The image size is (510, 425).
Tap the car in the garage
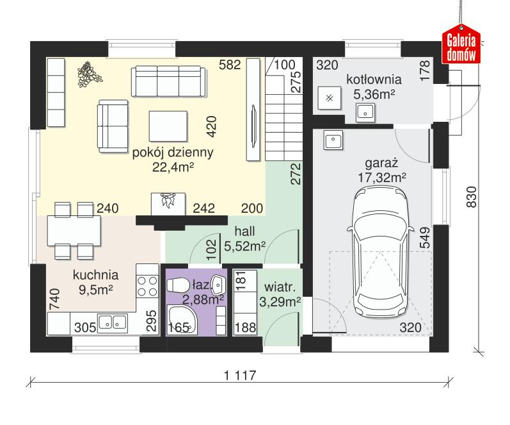379,256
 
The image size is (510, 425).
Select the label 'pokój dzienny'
173,153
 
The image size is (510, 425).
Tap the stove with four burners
148,286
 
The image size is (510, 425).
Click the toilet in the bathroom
179,286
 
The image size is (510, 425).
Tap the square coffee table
168,125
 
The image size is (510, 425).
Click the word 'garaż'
379,163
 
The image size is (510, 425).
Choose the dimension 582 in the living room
229,64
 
